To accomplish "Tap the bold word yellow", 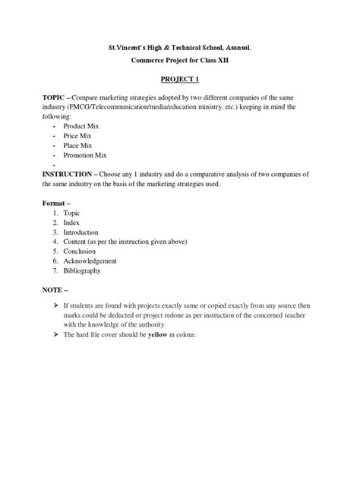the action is [157, 335].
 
